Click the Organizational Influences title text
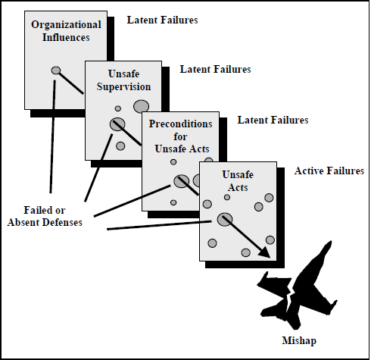(x=66, y=31)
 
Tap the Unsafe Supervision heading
(x=123, y=80)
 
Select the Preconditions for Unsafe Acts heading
(x=181, y=136)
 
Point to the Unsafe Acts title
(x=238, y=181)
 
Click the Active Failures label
(x=329, y=171)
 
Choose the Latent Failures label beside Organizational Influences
(x=162, y=20)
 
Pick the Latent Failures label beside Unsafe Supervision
(x=215, y=69)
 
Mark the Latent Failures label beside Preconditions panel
(x=273, y=120)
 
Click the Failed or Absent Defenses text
(x=45, y=216)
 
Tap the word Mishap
(x=299, y=340)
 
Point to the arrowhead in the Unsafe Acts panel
(x=265, y=252)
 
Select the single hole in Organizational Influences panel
(x=56, y=70)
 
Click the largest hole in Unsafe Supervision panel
(x=141, y=106)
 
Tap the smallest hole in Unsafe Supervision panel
(x=118, y=108)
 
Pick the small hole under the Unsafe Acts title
(x=227, y=197)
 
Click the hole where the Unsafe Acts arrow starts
(x=225, y=219)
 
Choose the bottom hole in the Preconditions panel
(x=173, y=202)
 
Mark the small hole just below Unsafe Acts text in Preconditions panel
(x=173, y=162)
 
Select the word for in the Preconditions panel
(x=180, y=136)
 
